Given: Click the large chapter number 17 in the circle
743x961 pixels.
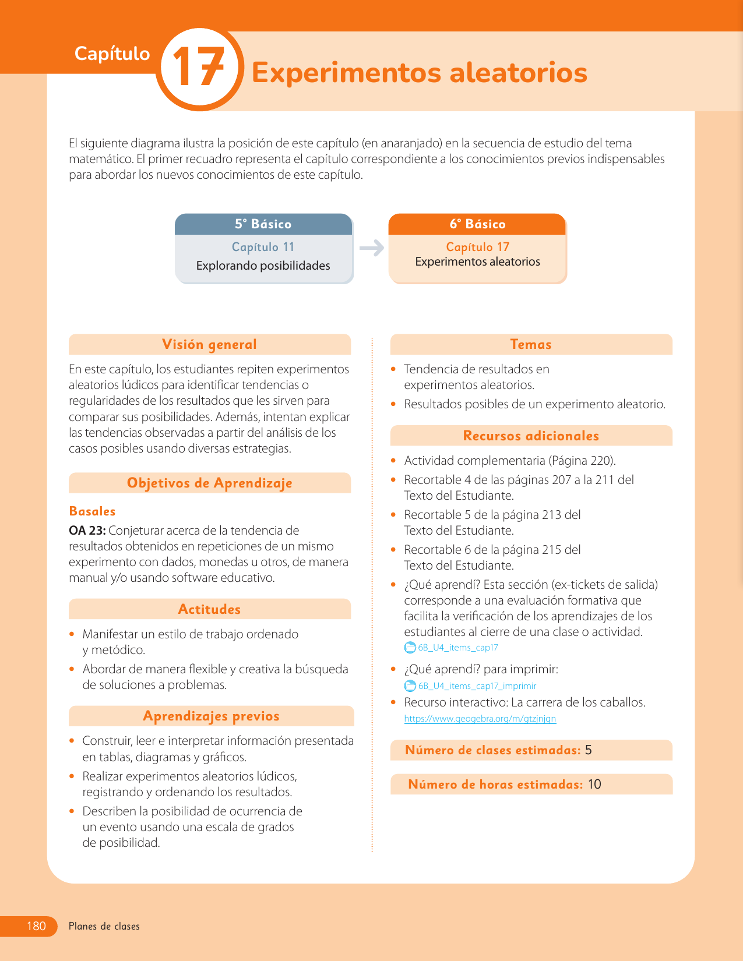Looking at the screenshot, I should (199, 68).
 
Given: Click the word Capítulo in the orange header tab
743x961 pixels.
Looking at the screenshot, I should (112, 54).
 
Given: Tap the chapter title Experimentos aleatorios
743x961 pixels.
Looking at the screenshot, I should (419, 73).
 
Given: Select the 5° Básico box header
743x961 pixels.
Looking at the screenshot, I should (263, 224).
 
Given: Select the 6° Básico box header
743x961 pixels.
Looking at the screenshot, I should (477, 224).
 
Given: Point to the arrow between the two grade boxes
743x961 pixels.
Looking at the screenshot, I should (371, 248).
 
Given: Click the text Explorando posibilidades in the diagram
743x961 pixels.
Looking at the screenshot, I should (263, 266).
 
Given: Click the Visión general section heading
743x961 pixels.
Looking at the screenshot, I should (210, 344).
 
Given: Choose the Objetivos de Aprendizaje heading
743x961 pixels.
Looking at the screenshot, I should (210, 483).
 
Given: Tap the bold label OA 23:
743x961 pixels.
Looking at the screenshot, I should (87, 531).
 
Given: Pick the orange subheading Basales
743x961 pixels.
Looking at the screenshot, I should (92, 511).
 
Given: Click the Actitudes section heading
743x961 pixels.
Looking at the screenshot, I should (210, 609).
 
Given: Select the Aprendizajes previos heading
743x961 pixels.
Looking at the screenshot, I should (211, 716).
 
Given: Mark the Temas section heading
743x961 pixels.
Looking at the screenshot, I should (531, 344).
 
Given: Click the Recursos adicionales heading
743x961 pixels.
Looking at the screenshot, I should (531, 436).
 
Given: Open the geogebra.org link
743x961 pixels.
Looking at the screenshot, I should (480, 719).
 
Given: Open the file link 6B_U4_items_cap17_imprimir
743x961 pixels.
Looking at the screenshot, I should (477, 686).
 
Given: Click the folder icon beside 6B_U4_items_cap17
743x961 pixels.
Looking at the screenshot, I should (410, 648).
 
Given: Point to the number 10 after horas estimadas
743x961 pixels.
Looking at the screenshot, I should (594, 785).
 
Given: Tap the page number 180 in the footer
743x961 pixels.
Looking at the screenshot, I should (36, 926).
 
